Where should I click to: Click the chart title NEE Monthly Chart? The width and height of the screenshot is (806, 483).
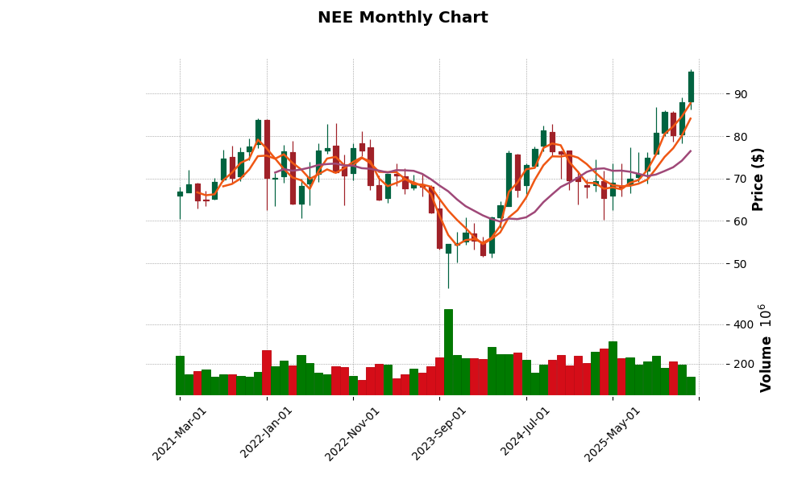point(402,18)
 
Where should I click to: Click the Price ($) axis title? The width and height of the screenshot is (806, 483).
point(758,179)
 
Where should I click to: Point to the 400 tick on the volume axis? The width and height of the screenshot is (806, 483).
point(742,324)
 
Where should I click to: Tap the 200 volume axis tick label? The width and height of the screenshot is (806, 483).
point(742,364)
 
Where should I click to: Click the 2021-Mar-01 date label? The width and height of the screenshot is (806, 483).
point(181,433)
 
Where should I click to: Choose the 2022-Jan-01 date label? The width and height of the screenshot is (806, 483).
point(267,433)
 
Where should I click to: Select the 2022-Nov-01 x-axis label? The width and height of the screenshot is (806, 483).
point(353,433)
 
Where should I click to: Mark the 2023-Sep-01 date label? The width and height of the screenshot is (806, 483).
point(439,433)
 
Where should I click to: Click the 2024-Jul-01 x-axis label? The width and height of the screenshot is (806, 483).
point(526,433)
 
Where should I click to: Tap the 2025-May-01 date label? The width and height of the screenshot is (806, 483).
point(613,433)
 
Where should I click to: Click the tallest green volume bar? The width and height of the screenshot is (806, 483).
point(448,352)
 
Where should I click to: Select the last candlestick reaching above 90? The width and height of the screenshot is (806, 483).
point(691,87)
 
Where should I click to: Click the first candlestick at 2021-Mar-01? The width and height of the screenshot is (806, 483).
point(180,194)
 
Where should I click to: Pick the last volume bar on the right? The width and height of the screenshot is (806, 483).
point(691,386)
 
